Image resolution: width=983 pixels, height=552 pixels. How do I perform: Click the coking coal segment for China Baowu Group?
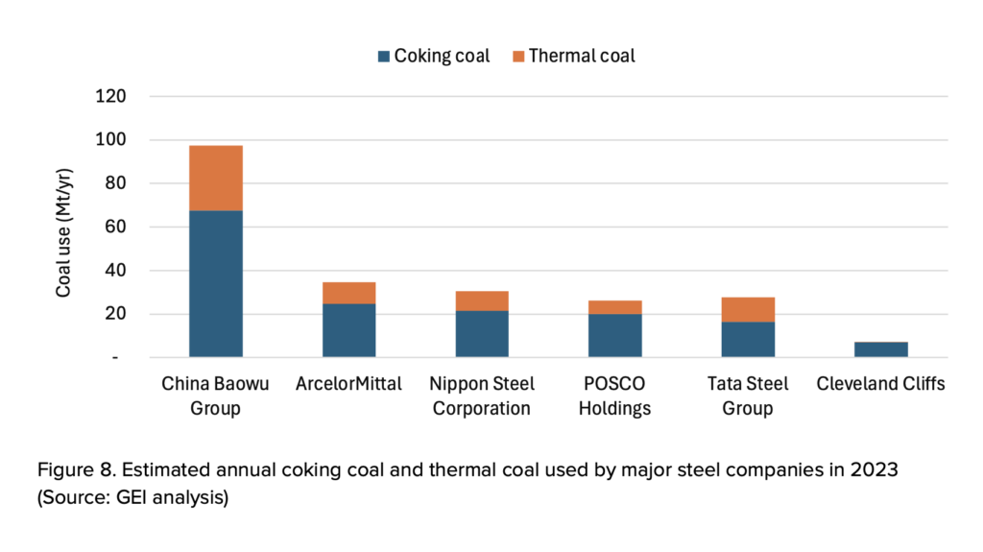click(215, 283)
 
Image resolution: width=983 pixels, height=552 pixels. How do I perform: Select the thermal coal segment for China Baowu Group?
click(215, 178)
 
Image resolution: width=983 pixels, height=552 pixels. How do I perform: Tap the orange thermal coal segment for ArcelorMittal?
click(348, 293)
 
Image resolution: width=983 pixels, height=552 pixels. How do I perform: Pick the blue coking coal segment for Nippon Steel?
click(482, 333)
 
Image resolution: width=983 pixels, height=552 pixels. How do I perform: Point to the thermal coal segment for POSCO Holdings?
click(615, 307)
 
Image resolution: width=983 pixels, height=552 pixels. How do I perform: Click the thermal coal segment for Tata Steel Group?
click(748, 309)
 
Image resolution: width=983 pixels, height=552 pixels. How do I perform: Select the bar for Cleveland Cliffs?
click(881, 349)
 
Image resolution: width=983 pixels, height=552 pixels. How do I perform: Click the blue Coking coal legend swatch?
click(384, 56)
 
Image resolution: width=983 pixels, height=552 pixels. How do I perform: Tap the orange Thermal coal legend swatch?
click(518, 56)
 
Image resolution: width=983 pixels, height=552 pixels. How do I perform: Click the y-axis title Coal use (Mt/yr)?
click(63, 228)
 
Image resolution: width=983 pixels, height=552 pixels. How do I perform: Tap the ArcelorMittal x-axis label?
click(348, 384)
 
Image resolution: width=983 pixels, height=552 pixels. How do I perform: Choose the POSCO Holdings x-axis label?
click(615, 396)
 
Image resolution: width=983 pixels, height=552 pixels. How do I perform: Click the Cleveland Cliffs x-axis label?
click(881, 384)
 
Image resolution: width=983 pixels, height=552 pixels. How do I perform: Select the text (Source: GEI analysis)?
click(132, 499)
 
